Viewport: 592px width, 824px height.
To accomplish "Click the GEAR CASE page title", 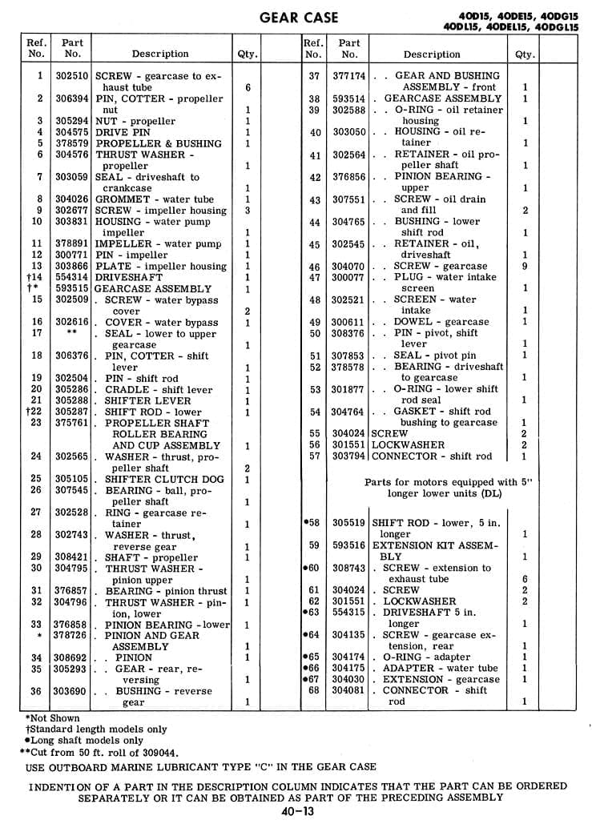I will (x=300, y=17).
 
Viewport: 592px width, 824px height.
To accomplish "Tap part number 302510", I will (x=72, y=76).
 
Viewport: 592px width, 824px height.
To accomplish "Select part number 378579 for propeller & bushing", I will (x=72, y=143).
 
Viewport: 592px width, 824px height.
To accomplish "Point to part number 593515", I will (x=72, y=288).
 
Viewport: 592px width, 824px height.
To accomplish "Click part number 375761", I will (x=72, y=423).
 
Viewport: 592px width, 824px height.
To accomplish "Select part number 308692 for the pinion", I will (x=72, y=657).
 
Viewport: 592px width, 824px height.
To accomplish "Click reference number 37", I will (x=314, y=76).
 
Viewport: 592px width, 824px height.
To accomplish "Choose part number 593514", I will (x=349, y=98).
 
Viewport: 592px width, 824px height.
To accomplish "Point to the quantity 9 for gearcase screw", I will (x=525, y=266).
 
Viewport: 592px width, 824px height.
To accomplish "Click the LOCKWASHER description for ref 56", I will (x=409, y=444).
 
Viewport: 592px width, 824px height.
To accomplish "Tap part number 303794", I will (x=349, y=456).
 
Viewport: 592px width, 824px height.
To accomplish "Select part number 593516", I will (x=349, y=545).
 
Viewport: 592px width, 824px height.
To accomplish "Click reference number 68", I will (x=314, y=690).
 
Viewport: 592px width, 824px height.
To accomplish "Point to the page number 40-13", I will (x=297, y=811).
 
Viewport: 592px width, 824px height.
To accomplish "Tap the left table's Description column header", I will (x=160, y=54).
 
